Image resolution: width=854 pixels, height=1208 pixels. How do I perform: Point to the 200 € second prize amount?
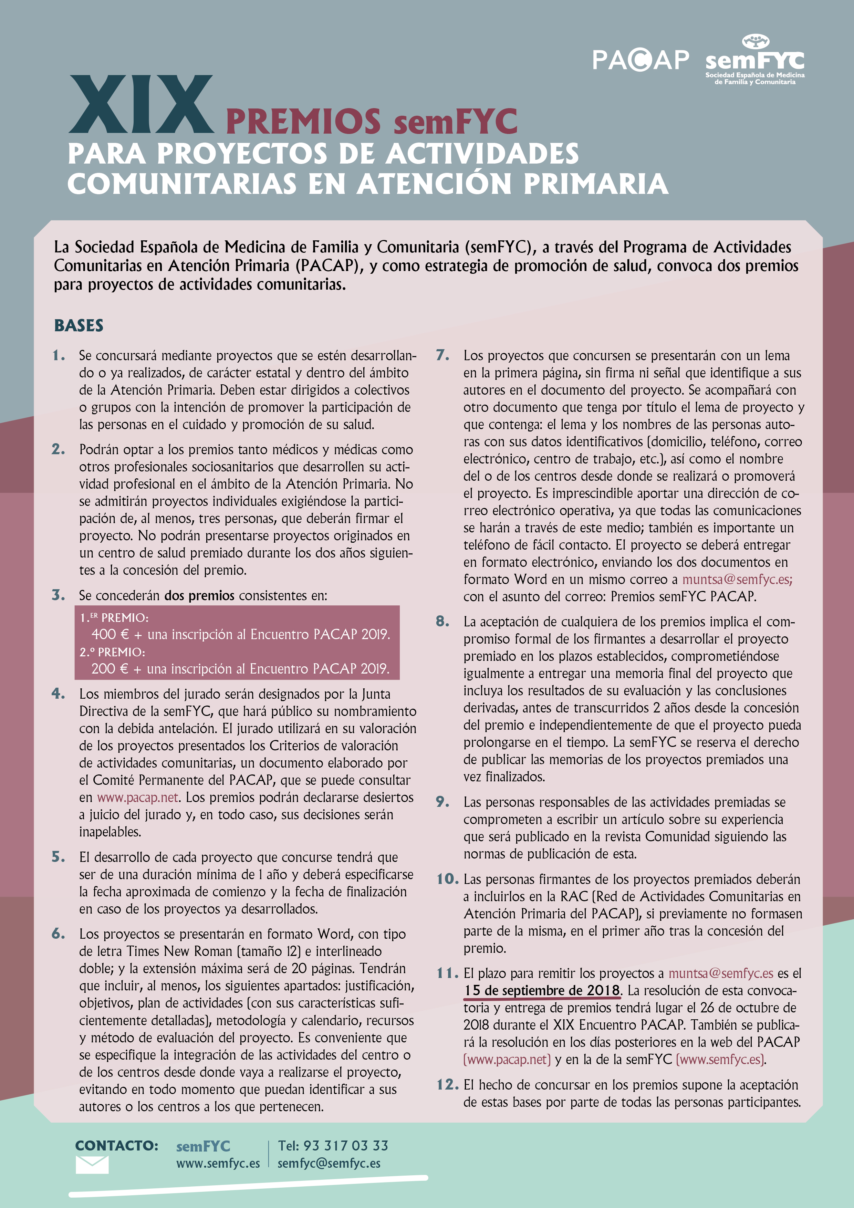(x=110, y=669)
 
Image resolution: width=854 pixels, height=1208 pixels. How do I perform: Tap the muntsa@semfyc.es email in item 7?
(x=737, y=579)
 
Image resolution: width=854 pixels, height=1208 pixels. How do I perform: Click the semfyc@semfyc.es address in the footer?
(x=329, y=1163)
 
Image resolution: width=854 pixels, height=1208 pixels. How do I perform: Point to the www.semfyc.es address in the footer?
(x=218, y=1163)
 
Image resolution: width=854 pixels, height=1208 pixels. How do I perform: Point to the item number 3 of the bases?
(x=59, y=595)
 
